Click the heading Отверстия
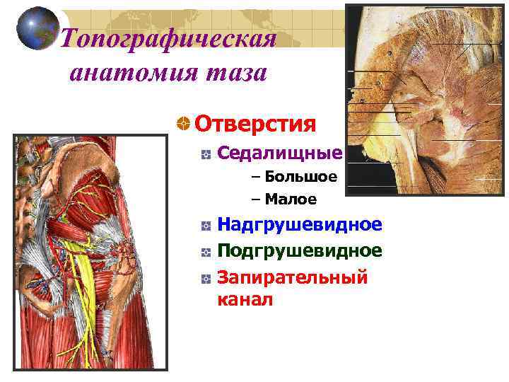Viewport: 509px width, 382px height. click(255, 124)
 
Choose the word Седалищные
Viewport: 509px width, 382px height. click(279, 153)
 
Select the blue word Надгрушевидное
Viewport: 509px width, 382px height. click(299, 225)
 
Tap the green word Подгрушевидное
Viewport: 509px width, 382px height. click(299, 250)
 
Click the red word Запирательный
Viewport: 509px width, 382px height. click(292, 277)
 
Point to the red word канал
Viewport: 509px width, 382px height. click(245, 300)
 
